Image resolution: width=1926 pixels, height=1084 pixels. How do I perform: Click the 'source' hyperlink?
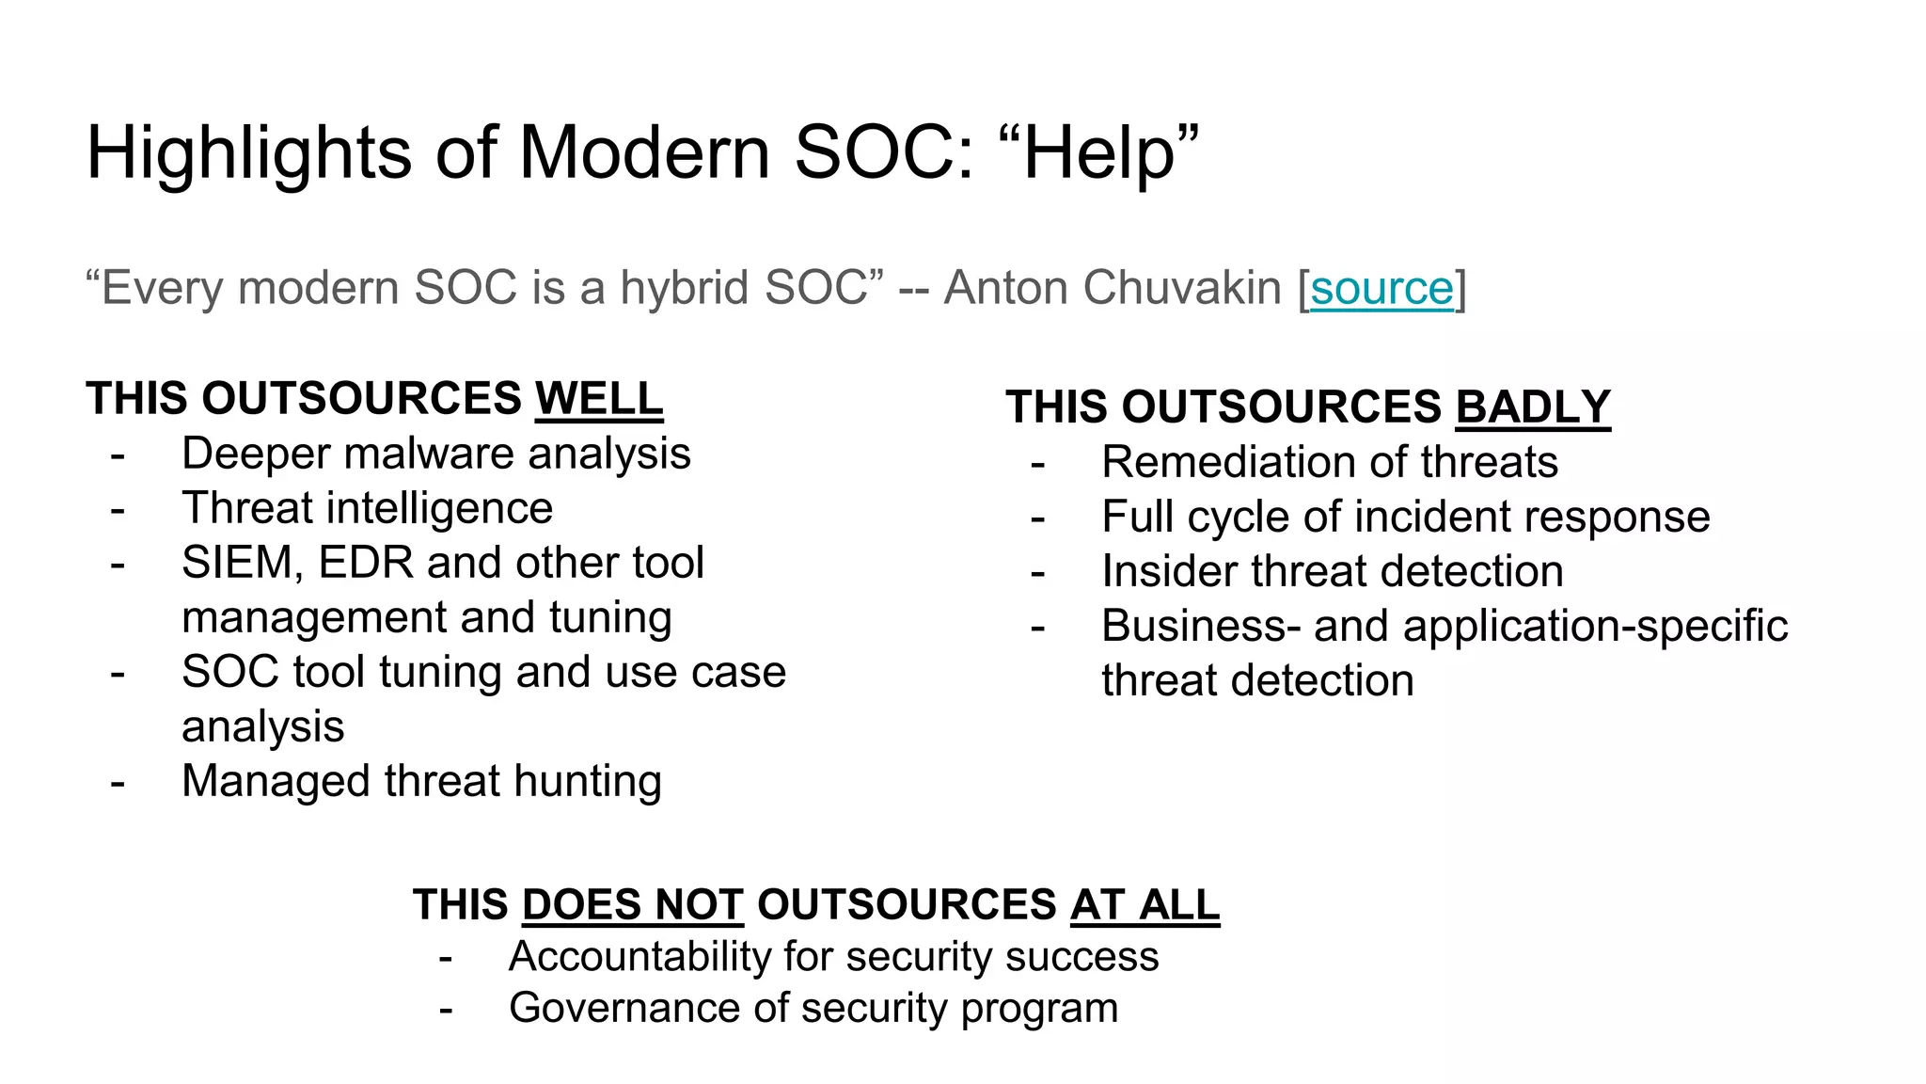1381,288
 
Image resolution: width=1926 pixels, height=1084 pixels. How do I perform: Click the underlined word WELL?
599,398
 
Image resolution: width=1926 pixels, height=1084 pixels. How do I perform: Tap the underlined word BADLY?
1533,407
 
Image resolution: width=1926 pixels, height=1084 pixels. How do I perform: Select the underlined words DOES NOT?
633,904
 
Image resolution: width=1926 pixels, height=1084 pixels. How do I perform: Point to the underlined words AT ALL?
1145,904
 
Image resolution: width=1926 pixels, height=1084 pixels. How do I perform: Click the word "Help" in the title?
1098,152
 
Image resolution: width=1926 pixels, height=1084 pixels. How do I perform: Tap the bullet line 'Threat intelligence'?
367,508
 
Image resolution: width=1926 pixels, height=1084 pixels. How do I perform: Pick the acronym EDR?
366,563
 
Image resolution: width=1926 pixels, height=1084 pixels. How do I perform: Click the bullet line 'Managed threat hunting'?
421,781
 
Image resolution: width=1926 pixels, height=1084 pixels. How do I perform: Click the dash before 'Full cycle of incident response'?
1037,518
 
